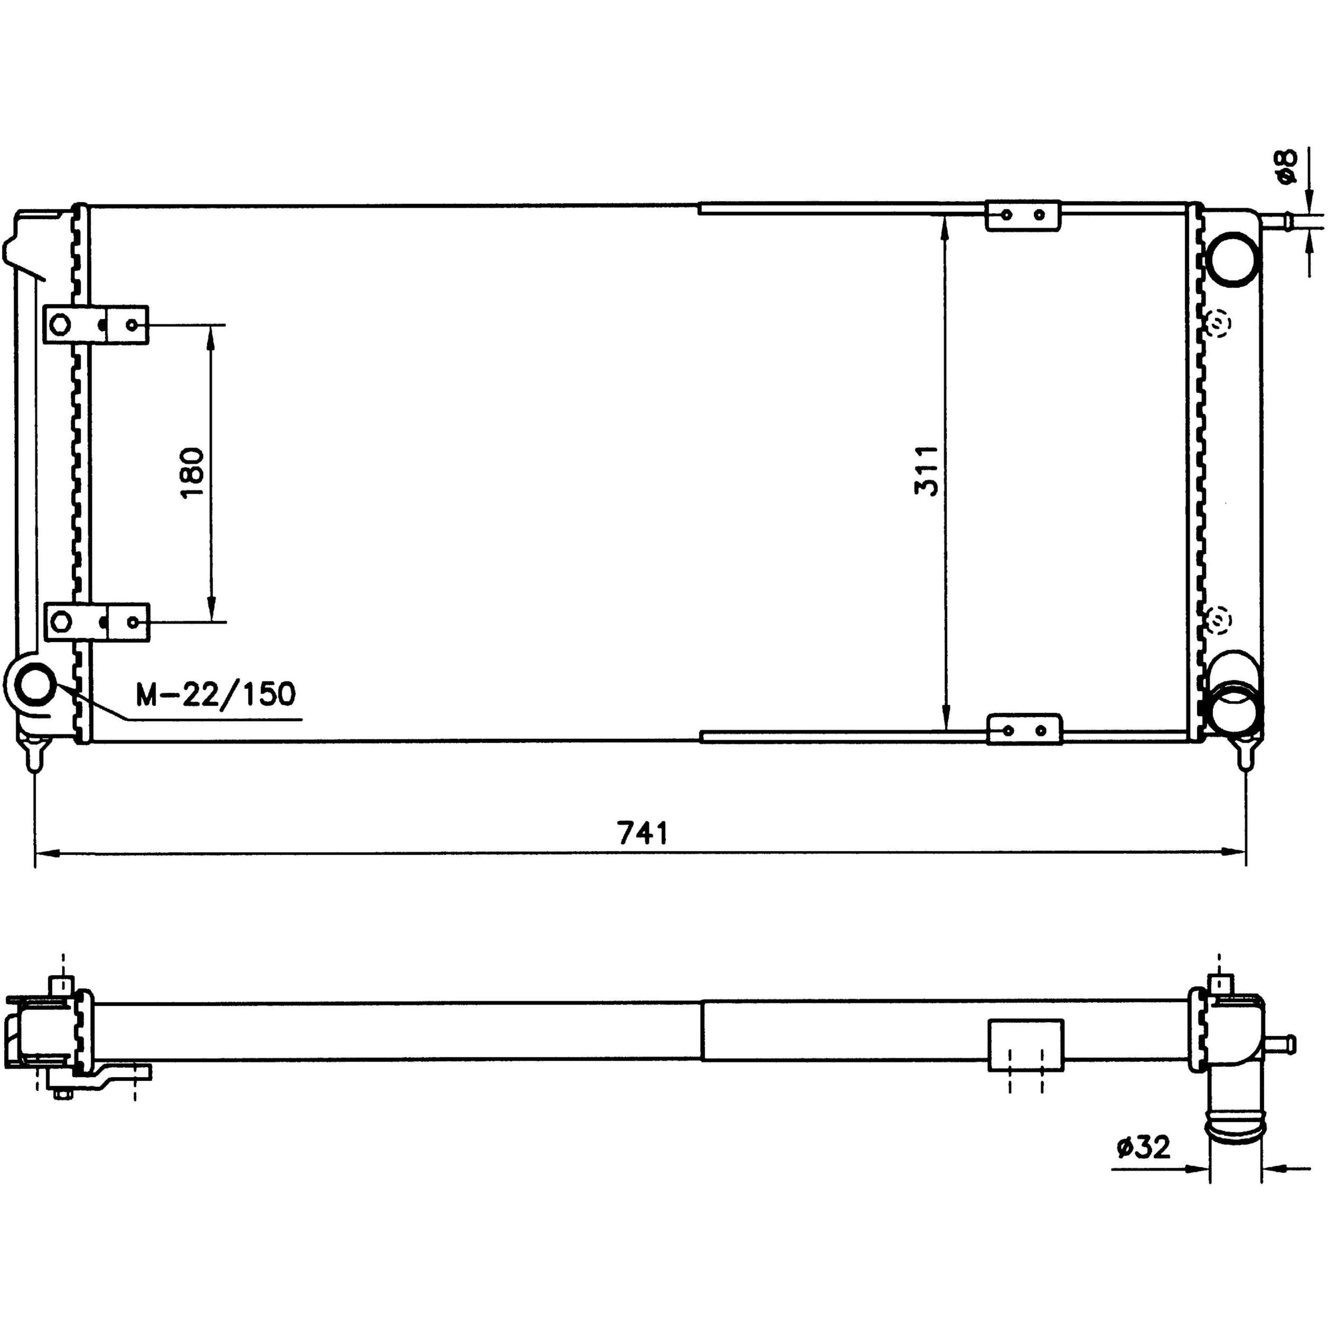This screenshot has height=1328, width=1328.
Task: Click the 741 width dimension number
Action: [x=643, y=834]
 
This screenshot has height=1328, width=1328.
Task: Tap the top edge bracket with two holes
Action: [x=1023, y=215]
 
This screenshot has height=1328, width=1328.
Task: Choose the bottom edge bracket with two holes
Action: [x=1024, y=729]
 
